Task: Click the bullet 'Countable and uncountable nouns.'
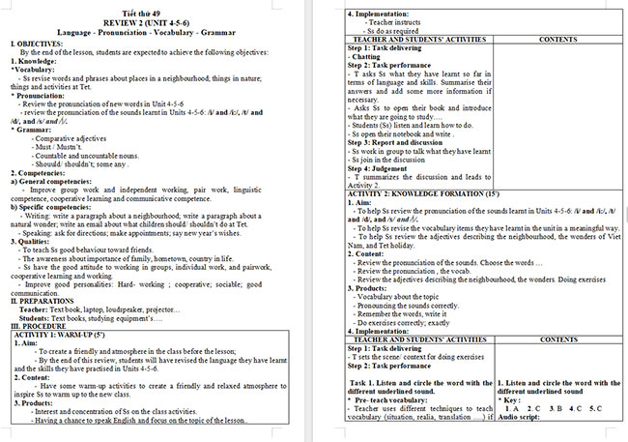(x=87, y=155)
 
